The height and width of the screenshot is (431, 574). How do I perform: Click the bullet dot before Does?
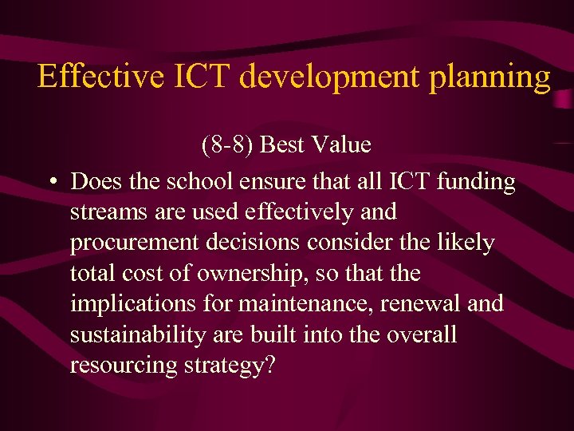click(51, 182)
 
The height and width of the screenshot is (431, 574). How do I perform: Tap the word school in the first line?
click(201, 182)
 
